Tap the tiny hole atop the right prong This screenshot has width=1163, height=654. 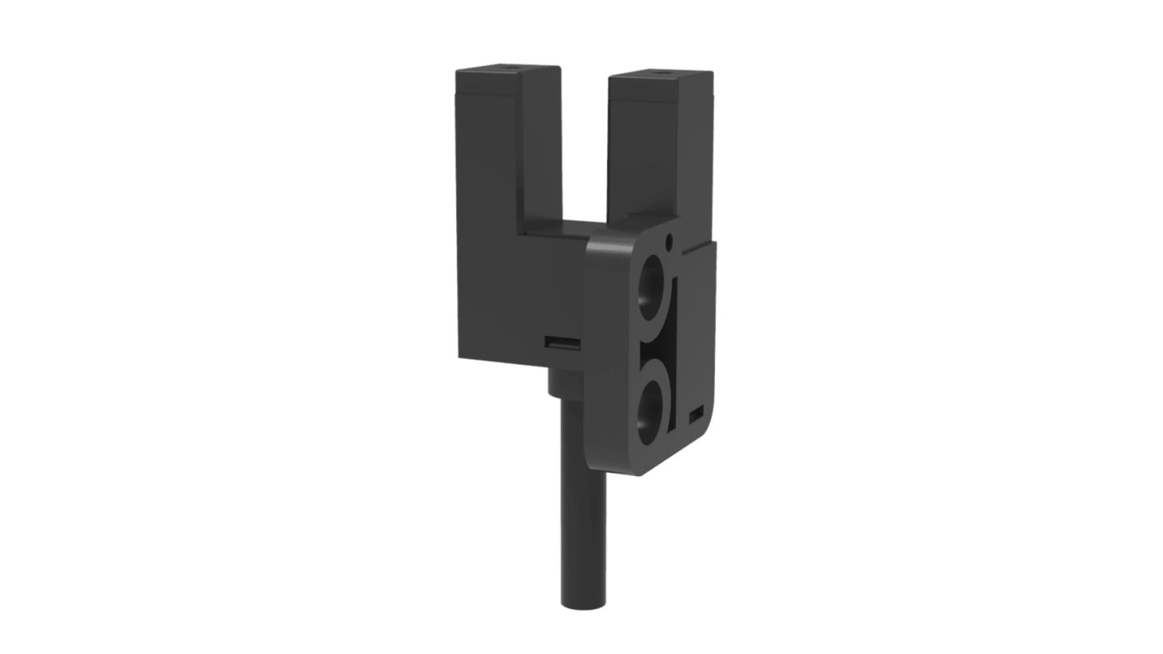[x=660, y=72]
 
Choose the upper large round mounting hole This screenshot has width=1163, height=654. [x=655, y=287]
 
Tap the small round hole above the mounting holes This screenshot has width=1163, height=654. [x=670, y=241]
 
